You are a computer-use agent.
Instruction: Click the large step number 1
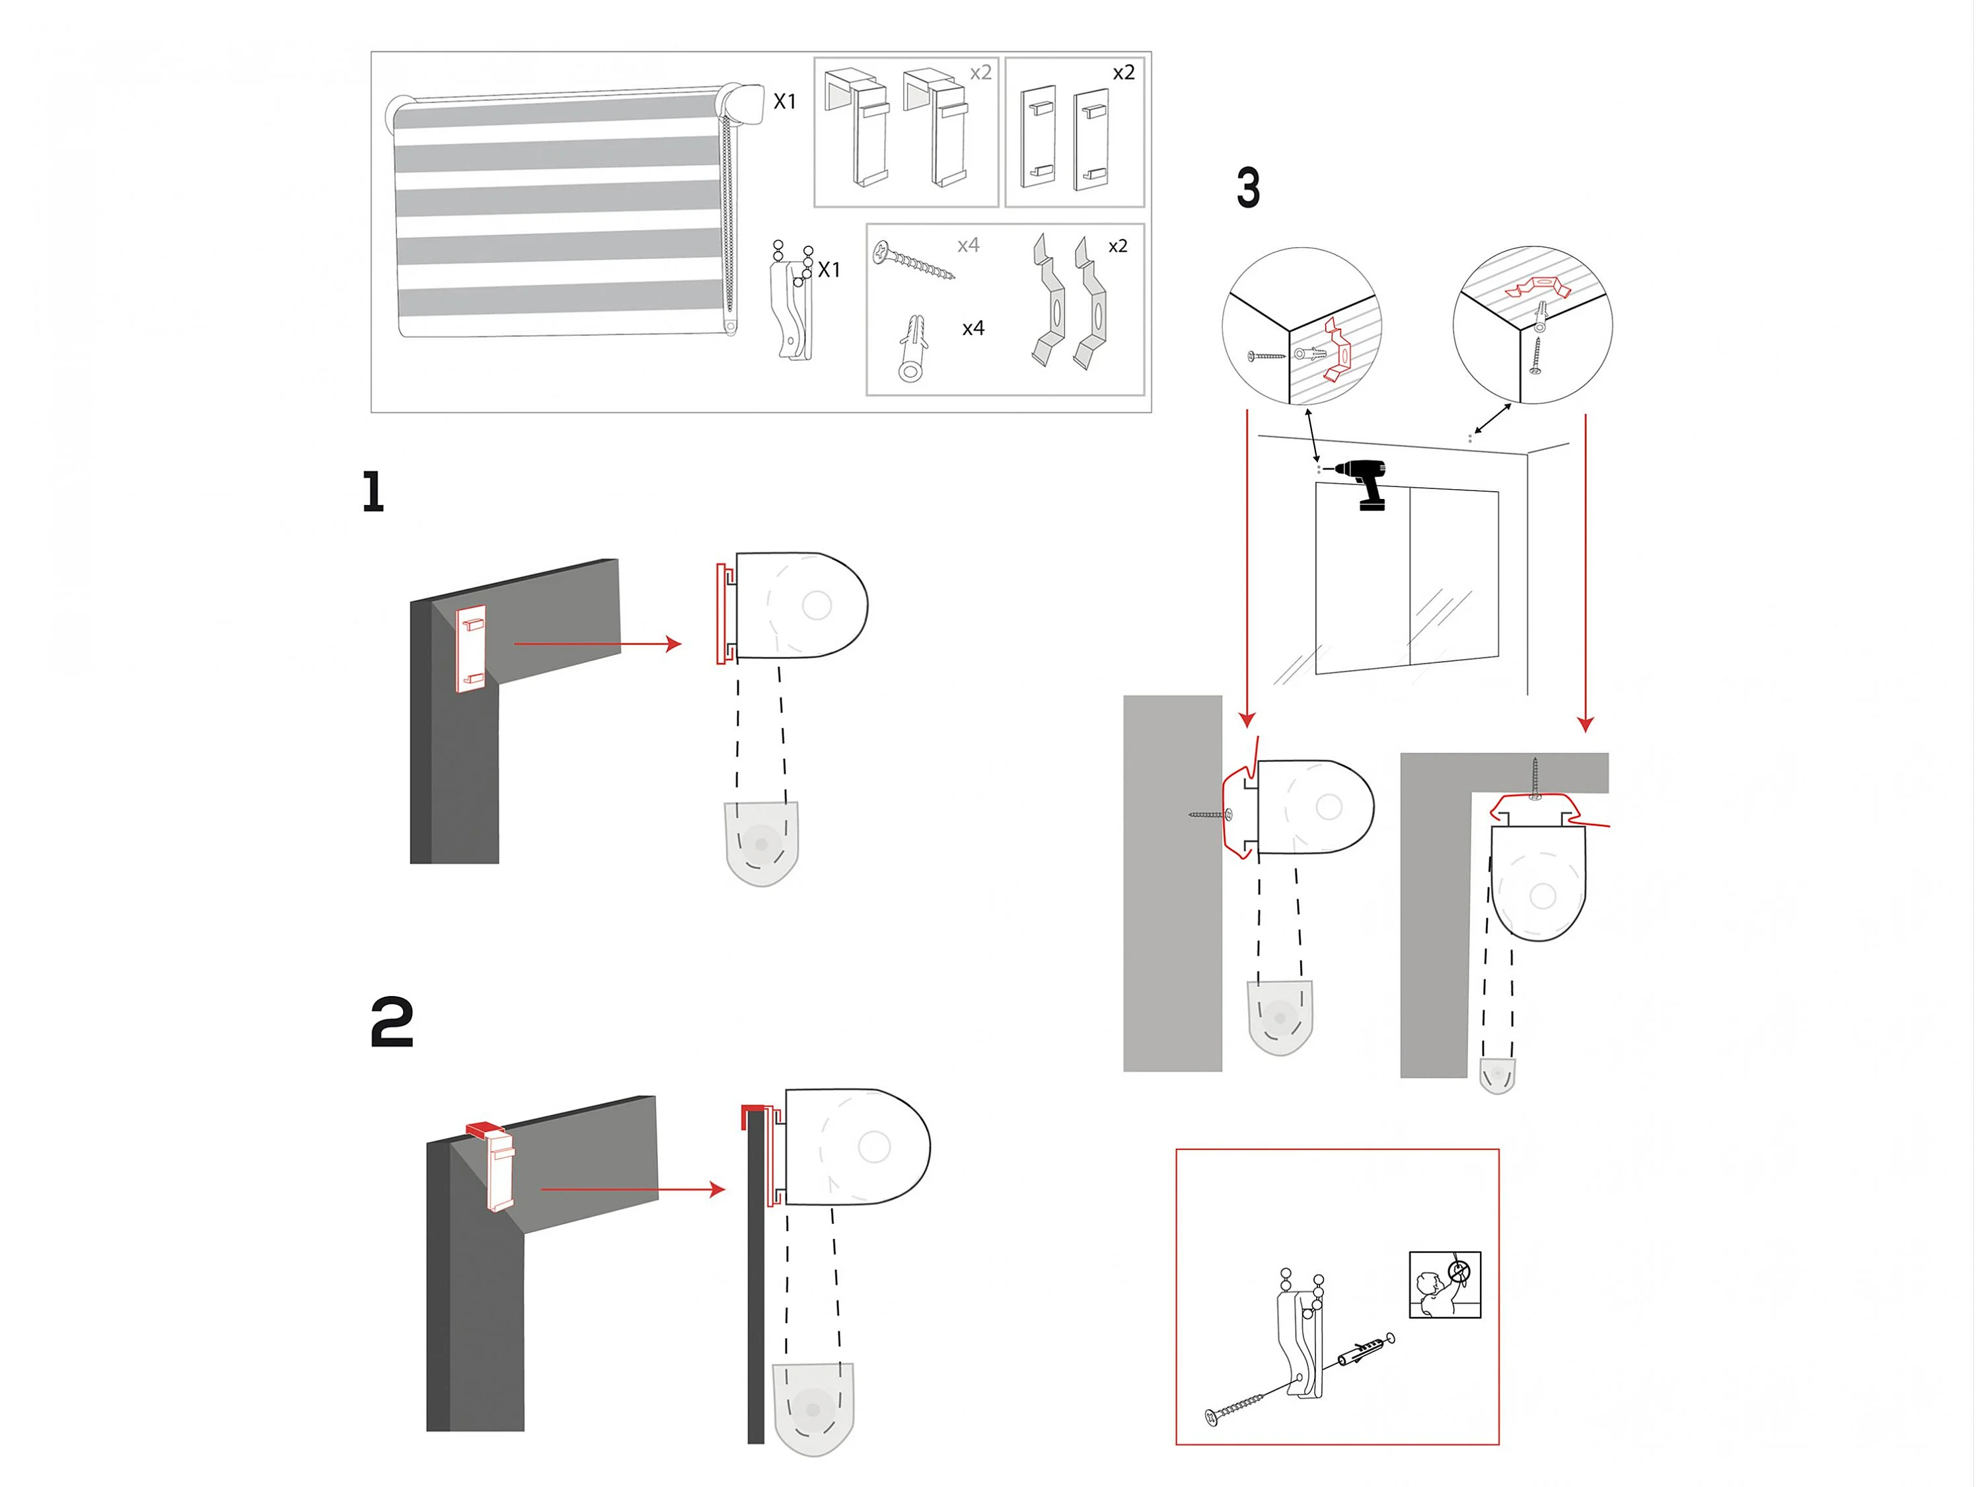374,492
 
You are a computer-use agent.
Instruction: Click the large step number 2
392,1022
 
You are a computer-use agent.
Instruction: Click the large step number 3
1248,188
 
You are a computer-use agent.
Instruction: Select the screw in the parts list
913,260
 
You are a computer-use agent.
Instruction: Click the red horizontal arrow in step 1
598,644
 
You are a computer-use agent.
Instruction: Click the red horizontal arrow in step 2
634,1190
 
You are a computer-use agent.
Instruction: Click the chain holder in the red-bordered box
1301,1336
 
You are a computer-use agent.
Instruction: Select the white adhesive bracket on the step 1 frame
471,649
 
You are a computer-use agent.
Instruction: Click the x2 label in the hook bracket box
981,73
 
